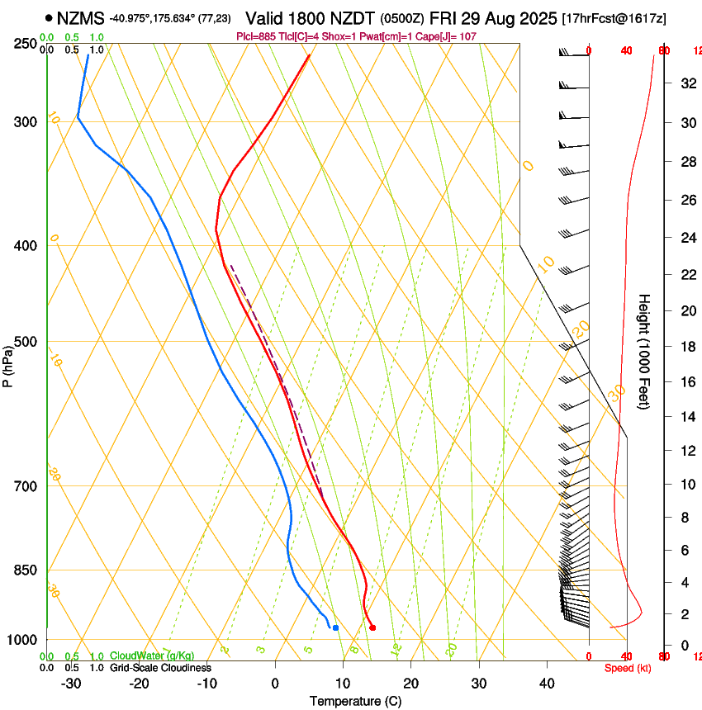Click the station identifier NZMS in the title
click(81, 17)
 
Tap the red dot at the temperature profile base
click(372, 627)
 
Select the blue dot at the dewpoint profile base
click(335, 627)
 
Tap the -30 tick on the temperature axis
click(71, 683)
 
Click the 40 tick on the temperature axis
click(546, 683)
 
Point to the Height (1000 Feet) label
click(644, 351)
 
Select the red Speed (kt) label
click(627, 668)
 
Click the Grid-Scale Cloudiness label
click(159, 667)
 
